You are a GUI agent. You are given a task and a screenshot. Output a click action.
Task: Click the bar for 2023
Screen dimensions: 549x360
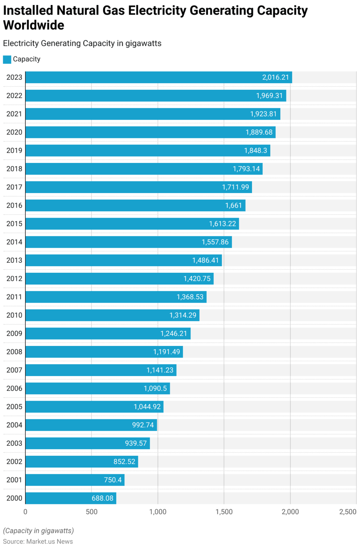pos(158,78)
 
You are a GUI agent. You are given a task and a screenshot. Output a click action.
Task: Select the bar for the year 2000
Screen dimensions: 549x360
pos(70,498)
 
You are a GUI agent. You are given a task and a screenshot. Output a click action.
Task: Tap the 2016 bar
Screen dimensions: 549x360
pos(135,206)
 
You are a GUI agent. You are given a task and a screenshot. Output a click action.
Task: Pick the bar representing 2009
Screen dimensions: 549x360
pos(108,333)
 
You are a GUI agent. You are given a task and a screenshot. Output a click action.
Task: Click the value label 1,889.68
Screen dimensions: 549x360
pos(259,133)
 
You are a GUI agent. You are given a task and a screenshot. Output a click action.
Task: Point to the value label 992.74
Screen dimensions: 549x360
pos(143,425)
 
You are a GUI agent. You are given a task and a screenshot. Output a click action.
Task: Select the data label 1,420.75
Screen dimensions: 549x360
pos(197,279)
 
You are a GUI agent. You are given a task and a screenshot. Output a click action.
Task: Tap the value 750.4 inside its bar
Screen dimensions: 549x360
pos(113,480)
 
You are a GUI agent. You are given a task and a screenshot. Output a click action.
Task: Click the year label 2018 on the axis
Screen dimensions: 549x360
pos(14,169)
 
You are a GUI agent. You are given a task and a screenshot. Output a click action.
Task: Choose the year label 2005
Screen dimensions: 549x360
pos(14,407)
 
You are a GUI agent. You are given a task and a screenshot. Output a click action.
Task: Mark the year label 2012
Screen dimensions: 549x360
pos(14,279)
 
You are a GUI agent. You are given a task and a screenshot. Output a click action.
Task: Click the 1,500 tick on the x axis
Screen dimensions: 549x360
pos(224,512)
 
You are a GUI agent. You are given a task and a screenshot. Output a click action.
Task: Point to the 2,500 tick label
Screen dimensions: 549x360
pos(347,512)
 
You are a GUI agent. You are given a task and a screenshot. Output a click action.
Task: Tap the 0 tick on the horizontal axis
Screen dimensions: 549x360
pos(25,512)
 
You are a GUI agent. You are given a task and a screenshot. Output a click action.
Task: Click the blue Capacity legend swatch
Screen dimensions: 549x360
pos(7,59)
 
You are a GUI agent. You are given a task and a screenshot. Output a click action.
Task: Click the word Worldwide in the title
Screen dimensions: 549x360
pos(34,25)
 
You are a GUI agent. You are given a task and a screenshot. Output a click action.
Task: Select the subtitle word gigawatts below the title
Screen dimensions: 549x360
pos(143,44)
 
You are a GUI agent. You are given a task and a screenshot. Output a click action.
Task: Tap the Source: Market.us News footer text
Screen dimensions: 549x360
pos(38,541)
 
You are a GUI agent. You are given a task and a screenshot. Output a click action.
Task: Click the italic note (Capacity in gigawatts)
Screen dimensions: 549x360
pos(38,531)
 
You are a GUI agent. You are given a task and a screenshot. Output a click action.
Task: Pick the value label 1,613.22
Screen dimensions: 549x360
pos(222,224)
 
